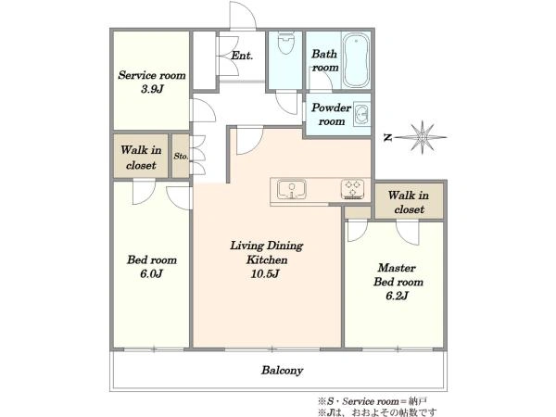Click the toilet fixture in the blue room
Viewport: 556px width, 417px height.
[285, 43]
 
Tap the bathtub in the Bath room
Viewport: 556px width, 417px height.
[356, 60]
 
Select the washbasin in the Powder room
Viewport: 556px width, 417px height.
[361, 115]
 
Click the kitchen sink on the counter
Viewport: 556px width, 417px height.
[292, 189]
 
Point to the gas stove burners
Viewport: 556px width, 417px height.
[353, 189]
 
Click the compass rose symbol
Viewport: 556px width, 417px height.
[423, 137]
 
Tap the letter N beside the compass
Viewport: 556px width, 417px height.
[388, 137]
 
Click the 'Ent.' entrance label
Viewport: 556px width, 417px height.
[242, 56]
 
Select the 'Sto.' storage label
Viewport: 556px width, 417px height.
[181, 156]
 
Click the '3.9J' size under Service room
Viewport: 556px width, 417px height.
[152, 89]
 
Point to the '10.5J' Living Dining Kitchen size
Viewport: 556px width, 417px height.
[265, 273]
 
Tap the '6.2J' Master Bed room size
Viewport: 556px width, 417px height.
[398, 296]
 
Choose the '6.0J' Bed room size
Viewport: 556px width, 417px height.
[151, 273]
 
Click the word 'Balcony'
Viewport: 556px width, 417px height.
[283, 371]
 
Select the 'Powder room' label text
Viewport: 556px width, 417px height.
[331, 114]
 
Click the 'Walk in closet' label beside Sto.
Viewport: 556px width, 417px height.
[141, 158]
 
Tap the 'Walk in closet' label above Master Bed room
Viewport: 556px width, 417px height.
[409, 202]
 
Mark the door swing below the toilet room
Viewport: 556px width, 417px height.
[287, 103]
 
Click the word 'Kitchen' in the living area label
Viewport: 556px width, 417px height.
[267, 259]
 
